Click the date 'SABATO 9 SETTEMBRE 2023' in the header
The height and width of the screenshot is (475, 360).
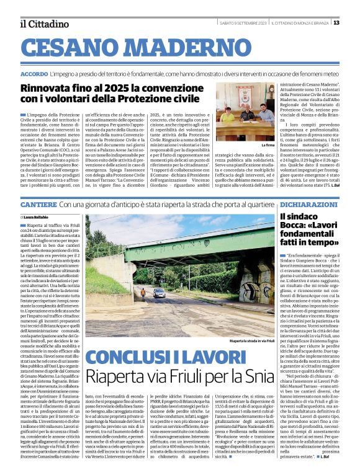tap(243, 23)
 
